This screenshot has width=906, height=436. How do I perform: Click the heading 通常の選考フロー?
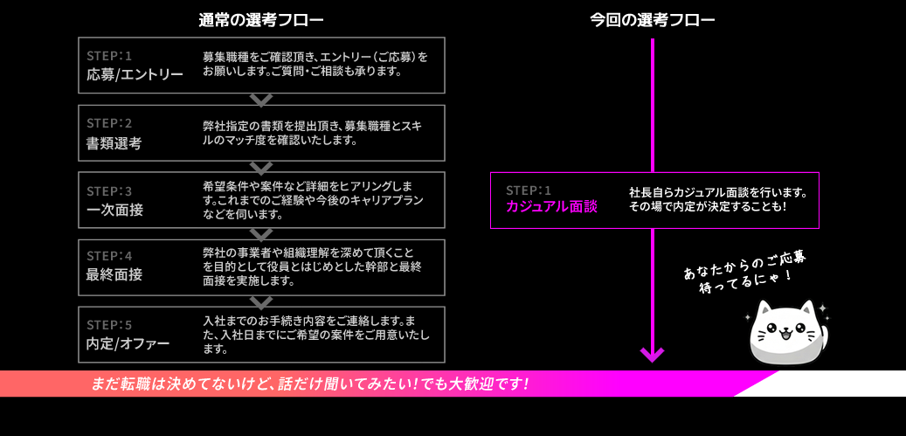tap(260, 20)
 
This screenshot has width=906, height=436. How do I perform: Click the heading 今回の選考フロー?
tap(652, 20)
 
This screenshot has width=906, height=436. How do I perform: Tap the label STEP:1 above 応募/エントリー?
tap(109, 56)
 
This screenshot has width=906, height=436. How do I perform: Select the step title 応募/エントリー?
tap(135, 75)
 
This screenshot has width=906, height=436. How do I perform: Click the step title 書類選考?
tap(114, 143)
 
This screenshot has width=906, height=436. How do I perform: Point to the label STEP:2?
tap(109, 123)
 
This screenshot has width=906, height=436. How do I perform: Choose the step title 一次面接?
tap(114, 210)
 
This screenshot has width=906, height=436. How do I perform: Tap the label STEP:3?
tap(109, 190)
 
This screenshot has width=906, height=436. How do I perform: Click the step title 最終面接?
tap(114, 275)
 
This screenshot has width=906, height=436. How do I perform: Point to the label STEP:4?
tap(109, 256)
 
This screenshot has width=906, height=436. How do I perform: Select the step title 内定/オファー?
tap(128, 343)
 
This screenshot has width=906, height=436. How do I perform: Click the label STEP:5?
tap(109, 324)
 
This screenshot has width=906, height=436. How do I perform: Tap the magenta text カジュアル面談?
tap(551, 207)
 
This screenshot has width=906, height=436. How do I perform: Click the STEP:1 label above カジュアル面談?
tap(529, 190)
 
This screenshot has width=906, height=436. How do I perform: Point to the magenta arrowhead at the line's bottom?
tap(652, 355)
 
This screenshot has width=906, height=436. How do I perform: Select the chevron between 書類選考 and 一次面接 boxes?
tap(261, 167)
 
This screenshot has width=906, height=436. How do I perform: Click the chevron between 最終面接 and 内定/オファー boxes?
tap(261, 301)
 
